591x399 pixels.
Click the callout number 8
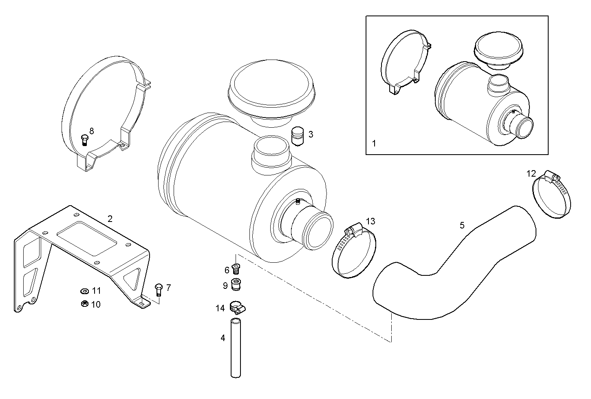(x=91, y=131)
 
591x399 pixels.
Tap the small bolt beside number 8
(x=85, y=140)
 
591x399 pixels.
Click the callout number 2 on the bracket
(x=110, y=218)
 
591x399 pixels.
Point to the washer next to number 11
(x=85, y=291)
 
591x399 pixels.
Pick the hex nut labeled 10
(x=85, y=304)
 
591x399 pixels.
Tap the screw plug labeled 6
(x=236, y=269)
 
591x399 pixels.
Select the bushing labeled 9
(x=236, y=284)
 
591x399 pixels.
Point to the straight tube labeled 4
(x=236, y=348)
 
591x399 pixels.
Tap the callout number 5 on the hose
(x=462, y=225)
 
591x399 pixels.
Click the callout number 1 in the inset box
(x=374, y=143)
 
